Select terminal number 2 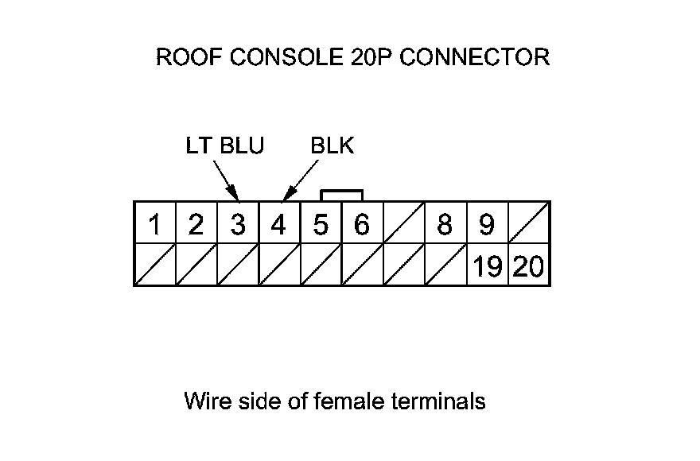[196, 225]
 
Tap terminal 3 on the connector [237, 225]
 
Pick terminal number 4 [278, 225]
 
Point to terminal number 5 [321, 225]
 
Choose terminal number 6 [361, 225]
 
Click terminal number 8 [445, 225]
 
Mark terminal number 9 [486, 225]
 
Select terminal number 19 [487, 266]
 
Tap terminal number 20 [528, 266]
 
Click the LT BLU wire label [224, 146]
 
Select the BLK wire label [332, 146]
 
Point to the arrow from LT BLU [226, 180]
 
